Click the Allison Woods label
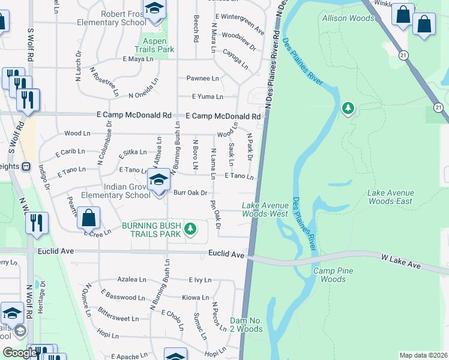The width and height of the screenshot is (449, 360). pos(348,19)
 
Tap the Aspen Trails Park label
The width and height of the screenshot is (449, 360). pos(154,45)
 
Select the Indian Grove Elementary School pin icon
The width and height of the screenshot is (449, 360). pos(158,181)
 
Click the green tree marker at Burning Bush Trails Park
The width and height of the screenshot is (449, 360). pos(190,228)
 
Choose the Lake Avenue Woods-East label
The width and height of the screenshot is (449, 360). pos(390,197)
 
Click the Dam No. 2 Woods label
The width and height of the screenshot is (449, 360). pos(246,325)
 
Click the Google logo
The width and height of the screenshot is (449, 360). pos(20,352)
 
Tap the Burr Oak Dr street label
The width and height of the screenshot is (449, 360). pos(190,193)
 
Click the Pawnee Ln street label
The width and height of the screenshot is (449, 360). pos(202,79)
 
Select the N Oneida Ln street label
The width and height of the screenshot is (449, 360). pos(144,95)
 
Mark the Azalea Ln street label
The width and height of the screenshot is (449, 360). pos(131,280)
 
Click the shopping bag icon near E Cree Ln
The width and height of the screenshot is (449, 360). pos(88,218)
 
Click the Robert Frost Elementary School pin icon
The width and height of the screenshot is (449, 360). pos(155,10)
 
